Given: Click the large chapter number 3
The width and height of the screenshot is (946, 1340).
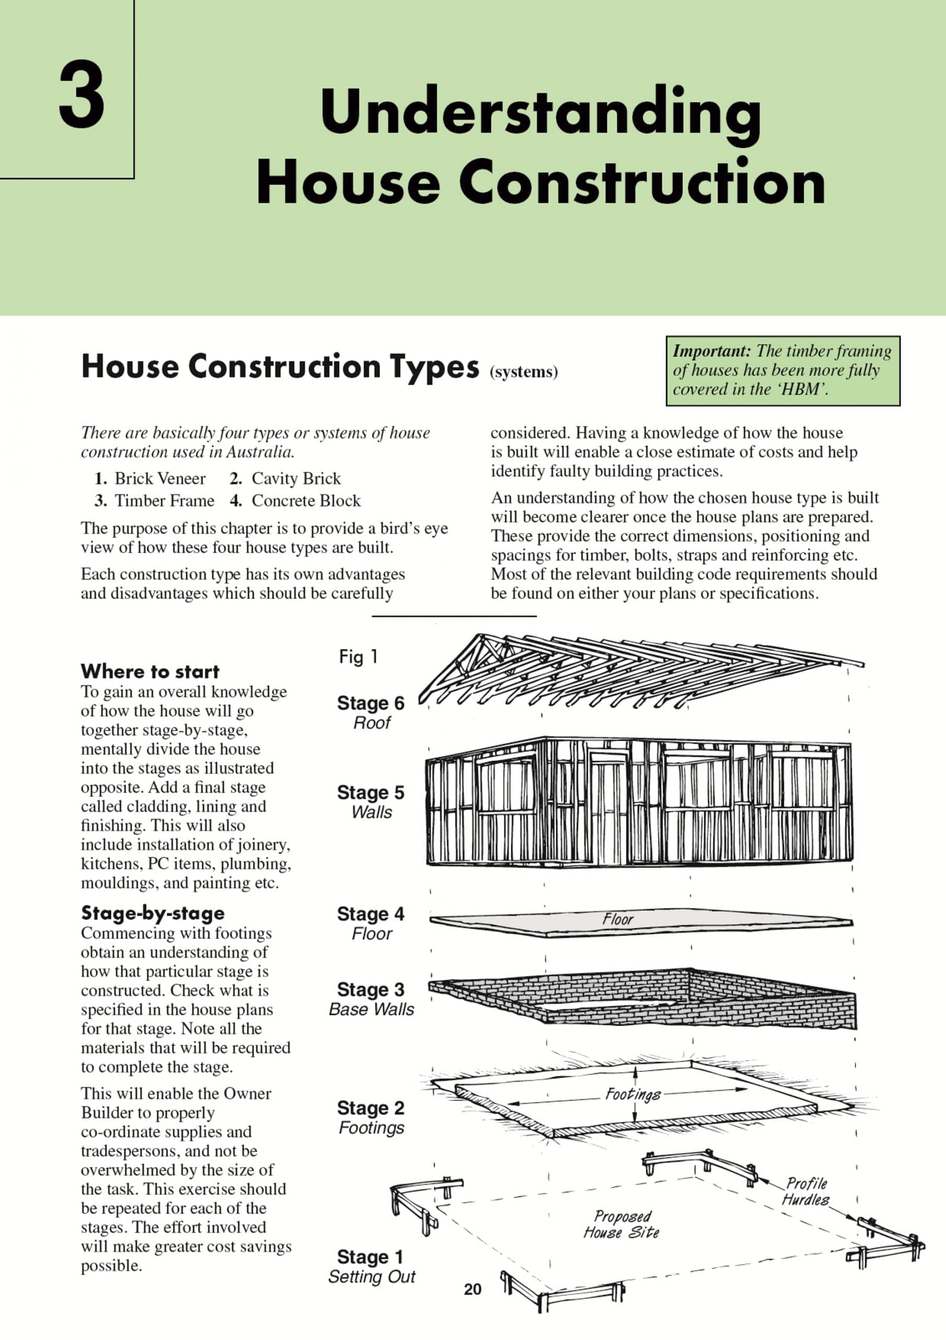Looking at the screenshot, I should click(x=82, y=95).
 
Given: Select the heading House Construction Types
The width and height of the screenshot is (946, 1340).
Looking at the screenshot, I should click(x=280, y=366).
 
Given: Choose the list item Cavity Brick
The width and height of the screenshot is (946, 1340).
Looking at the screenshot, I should click(x=295, y=478).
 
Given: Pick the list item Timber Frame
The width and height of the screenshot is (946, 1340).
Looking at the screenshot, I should click(x=164, y=501).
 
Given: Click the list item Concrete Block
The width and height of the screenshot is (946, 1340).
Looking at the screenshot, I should click(x=305, y=501).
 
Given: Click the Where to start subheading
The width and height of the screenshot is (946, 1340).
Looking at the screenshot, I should click(x=150, y=671).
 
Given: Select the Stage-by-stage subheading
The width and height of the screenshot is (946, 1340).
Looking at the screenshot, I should click(x=153, y=913).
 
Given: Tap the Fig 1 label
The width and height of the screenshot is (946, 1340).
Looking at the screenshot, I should click(x=358, y=657).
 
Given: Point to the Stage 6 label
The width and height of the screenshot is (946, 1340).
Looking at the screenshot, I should click(x=370, y=703).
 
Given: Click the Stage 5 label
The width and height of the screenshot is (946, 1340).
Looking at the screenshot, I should click(x=370, y=792).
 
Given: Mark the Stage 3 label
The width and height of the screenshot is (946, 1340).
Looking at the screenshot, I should click(x=370, y=990).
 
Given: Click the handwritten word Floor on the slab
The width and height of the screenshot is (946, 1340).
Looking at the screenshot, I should click(x=618, y=920).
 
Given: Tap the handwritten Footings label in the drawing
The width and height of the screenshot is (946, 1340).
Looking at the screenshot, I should click(x=633, y=1093).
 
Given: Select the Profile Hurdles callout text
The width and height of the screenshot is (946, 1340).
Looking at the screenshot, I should click(x=806, y=1192).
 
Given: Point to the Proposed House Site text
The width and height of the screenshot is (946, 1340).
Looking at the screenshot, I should click(x=622, y=1224).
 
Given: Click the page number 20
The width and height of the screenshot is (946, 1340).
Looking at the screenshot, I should click(x=472, y=1289).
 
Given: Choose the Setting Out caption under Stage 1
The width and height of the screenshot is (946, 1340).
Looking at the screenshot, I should click(x=371, y=1277).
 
